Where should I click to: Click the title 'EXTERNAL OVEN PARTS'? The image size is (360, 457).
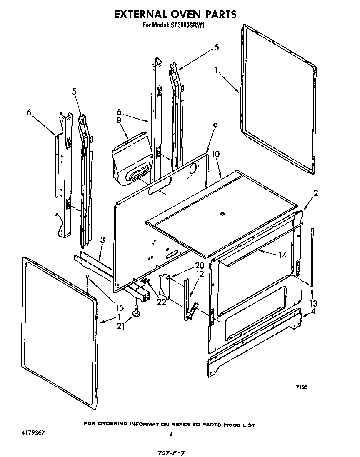tap(175, 14)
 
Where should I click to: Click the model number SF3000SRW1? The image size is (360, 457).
tap(187, 25)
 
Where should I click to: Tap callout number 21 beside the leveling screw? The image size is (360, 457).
tap(121, 326)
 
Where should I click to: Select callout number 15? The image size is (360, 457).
tap(120, 308)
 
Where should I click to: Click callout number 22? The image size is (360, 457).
tap(161, 302)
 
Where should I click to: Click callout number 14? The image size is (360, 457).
tap(282, 255)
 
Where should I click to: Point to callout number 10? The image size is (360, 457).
tap(215, 155)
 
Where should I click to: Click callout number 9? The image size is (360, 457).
tap(215, 126)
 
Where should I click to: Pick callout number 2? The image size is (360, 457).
tap(315, 193)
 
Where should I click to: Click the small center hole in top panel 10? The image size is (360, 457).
tap(222, 215)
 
